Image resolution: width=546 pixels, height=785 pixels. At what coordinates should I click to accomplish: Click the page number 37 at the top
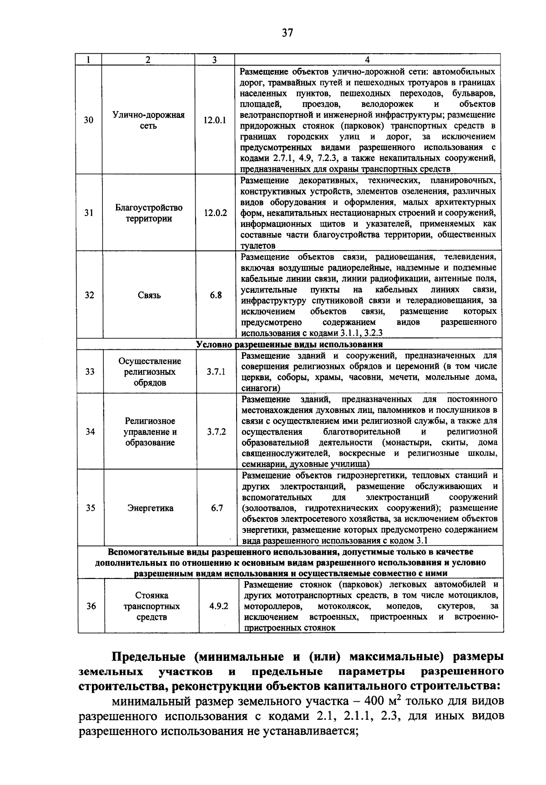(x=288, y=33)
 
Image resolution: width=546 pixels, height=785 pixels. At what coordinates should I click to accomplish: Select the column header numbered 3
(x=214, y=60)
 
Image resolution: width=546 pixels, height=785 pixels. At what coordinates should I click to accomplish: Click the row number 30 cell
(x=89, y=121)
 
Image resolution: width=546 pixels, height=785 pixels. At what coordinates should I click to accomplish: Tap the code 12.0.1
(x=215, y=121)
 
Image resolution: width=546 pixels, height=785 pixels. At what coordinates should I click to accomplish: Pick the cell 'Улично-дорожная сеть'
(x=148, y=121)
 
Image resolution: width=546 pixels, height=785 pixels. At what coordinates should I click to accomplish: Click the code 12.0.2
(x=215, y=212)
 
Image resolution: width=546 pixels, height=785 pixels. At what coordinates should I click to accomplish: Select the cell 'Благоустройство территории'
(x=149, y=213)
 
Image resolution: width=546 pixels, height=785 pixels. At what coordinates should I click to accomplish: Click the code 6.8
(x=216, y=295)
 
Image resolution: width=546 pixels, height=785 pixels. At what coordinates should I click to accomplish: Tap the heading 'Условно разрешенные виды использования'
(x=289, y=344)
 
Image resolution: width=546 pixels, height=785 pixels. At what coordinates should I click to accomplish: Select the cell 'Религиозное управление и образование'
(x=150, y=432)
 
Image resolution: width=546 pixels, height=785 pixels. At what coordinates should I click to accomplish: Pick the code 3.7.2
(x=217, y=432)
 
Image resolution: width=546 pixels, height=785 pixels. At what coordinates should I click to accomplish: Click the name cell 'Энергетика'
(x=150, y=508)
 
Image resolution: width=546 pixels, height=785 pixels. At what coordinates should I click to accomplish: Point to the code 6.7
(x=217, y=508)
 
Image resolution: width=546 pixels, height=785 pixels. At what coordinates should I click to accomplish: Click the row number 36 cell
(x=91, y=606)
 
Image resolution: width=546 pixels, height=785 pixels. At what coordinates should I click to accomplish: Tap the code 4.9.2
(x=219, y=606)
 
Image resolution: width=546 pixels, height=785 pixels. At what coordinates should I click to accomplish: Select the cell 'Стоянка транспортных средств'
(x=152, y=606)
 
